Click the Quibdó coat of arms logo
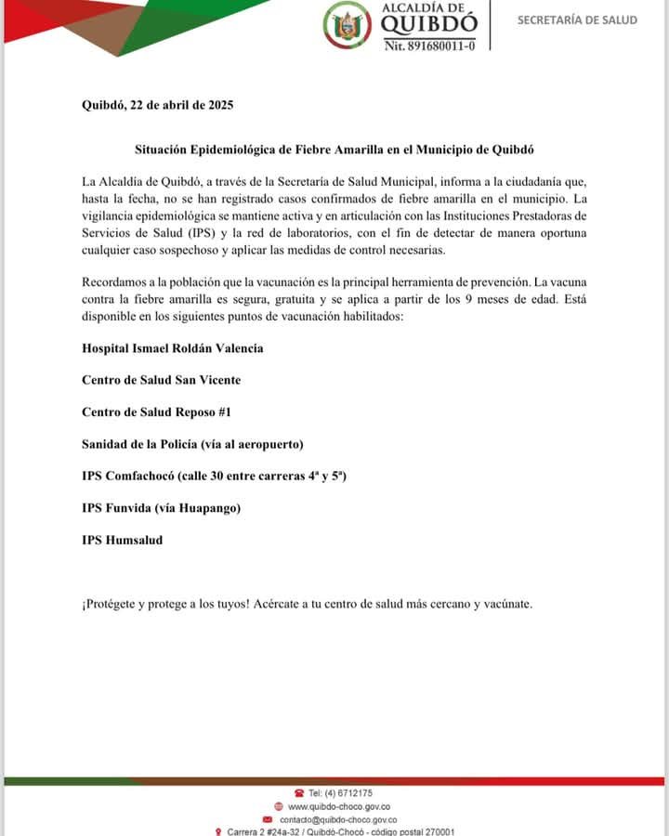[x=347, y=26]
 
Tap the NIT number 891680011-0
[x=429, y=45]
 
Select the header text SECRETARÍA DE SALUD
[x=577, y=20]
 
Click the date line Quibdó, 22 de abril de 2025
[x=157, y=105]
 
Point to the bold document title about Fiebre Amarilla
[x=334, y=150]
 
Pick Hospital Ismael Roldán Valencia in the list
[x=173, y=347]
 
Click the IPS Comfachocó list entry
[x=215, y=476]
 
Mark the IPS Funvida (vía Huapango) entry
[x=162, y=507]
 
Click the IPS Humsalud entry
[x=122, y=539]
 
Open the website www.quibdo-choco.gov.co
[x=338, y=806]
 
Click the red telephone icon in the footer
[x=299, y=792]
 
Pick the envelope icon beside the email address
[x=268, y=819]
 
